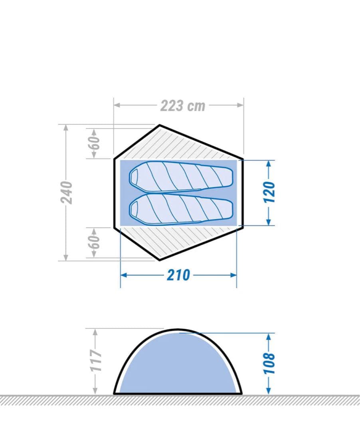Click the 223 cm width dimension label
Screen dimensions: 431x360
(183, 106)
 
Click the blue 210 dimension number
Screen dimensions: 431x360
(178, 275)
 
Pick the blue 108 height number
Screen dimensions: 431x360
(269, 363)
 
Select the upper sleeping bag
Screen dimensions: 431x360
(182, 177)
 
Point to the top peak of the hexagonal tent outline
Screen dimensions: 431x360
(160, 125)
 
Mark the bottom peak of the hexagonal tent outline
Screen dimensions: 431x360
(160, 260)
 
